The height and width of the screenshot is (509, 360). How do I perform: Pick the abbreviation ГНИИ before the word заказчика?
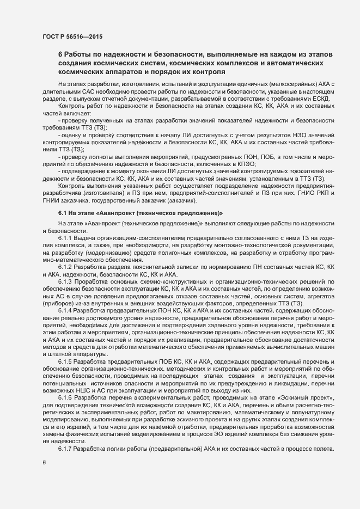pos(53,207)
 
